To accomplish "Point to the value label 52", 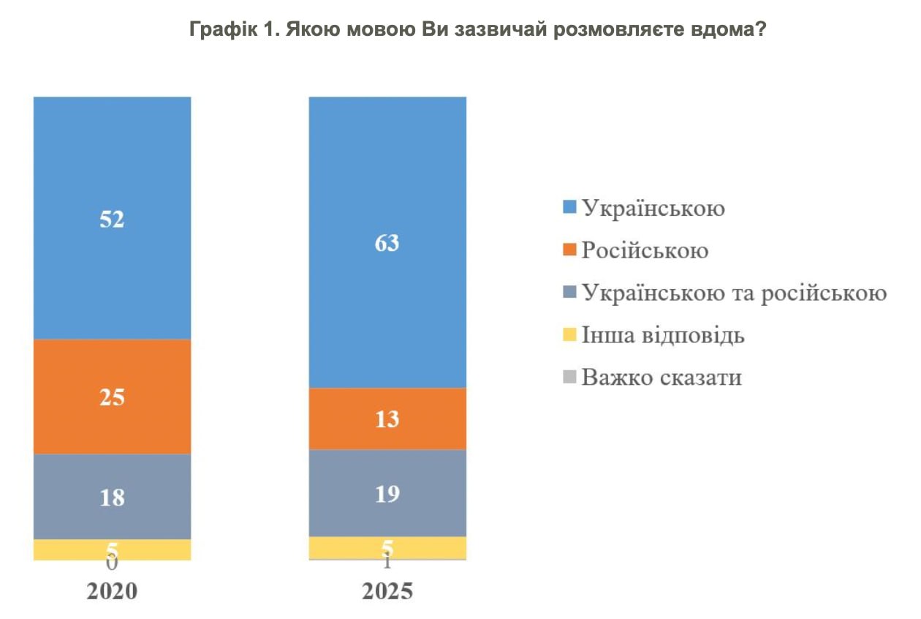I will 112,219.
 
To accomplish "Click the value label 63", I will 387,242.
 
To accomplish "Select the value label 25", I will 112,397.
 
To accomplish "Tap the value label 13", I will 387,419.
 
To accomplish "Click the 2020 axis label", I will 112,591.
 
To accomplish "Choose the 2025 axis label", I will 387,591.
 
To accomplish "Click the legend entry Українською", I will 653,209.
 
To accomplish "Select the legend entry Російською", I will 645,251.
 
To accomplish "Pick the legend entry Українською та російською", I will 734,293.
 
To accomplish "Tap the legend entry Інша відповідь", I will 663,336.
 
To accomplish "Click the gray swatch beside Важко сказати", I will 569,378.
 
